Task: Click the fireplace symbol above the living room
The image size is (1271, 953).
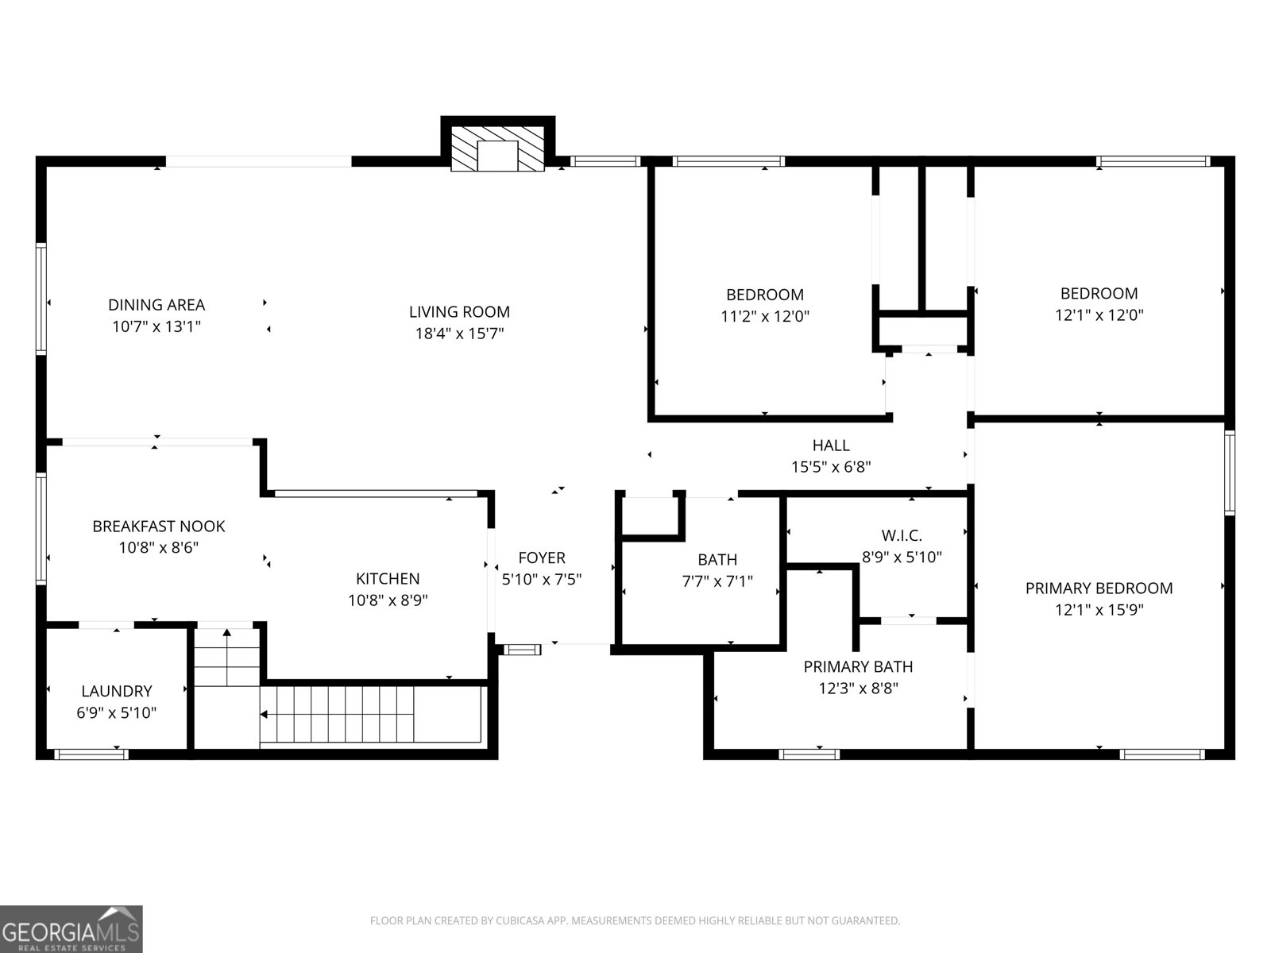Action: [x=497, y=149]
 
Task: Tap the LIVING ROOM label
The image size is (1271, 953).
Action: [x=459, y=312]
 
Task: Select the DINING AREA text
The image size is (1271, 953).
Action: [x=156, y=305]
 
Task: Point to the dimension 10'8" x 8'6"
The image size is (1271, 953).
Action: [x=159, y=547]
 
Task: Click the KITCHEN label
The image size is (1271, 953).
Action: [x=388, y=579]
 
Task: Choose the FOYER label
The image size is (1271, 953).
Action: [x=542, y=558]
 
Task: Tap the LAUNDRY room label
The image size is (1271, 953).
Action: [x=117, y=691]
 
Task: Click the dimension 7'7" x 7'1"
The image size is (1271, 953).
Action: [x=717, y=581]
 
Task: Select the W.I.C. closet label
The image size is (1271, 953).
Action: [x=902, y=535]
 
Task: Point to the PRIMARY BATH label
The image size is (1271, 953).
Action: [x=858, y=666]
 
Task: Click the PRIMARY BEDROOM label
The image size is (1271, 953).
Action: [x=1099, y=588]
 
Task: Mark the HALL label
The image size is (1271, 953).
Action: [x=831, y=445]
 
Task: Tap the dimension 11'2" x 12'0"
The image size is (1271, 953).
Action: [x=765, y=316]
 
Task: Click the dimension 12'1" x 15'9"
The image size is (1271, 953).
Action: [x=1099, y=610]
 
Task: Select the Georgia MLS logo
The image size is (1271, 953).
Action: [x=71, y=928]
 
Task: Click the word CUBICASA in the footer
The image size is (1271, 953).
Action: [x=520, y=920]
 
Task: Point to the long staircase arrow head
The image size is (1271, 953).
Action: [x=264, y=715]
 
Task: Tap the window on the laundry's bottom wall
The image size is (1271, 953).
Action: [x=91, y=754]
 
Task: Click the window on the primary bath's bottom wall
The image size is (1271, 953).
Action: [x=809, y=754]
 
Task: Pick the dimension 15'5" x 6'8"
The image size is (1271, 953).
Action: [x=831, y=467]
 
